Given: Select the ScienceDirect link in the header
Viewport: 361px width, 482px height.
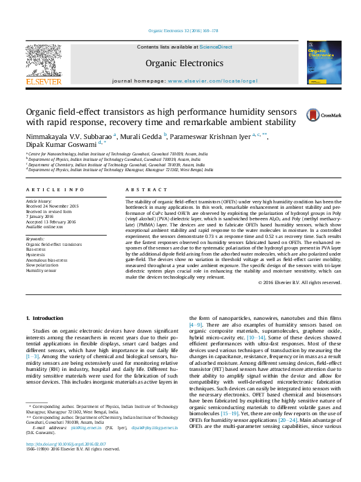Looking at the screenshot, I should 216,47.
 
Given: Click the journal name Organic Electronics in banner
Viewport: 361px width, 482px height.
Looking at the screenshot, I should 184,63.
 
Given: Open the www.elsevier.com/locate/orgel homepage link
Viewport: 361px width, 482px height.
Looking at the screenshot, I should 217,81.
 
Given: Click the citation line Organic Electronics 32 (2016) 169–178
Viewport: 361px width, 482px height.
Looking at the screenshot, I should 183,30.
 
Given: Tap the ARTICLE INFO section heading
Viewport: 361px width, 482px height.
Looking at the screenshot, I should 55,190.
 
